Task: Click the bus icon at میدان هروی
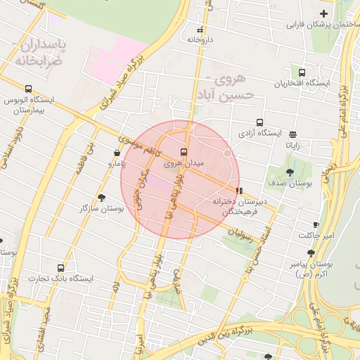pyautogui.click(x=184, y=151)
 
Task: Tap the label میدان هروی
pyautogui.click(x=184, y=163)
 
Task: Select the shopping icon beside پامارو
pyautogui.click(x=117, y=153)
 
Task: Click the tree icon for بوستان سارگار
pyautogui.click(x=102, y=198)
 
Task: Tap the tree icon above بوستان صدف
pyautogui.click(x=290, y=172)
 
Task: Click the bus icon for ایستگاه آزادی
pyautogui.click(x=260, y=122)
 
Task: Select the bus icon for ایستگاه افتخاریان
pyautogui.click(x=302, y=72)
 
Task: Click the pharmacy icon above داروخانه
pyautogui.click(x=200, y=30)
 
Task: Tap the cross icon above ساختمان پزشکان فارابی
pyautogui.click(x=323, y=14)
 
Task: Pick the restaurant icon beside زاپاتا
pyautogui.click(x=292, y=134)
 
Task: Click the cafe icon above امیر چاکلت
pyautogui.click(x=316, y=224)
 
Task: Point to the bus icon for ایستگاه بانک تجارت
pyautogui.click(x=61, y=268)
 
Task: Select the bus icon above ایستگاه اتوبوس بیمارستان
pyautogui.click(x=28, y=89)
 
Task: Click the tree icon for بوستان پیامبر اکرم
pyautogui.click(x=311, y=253)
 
